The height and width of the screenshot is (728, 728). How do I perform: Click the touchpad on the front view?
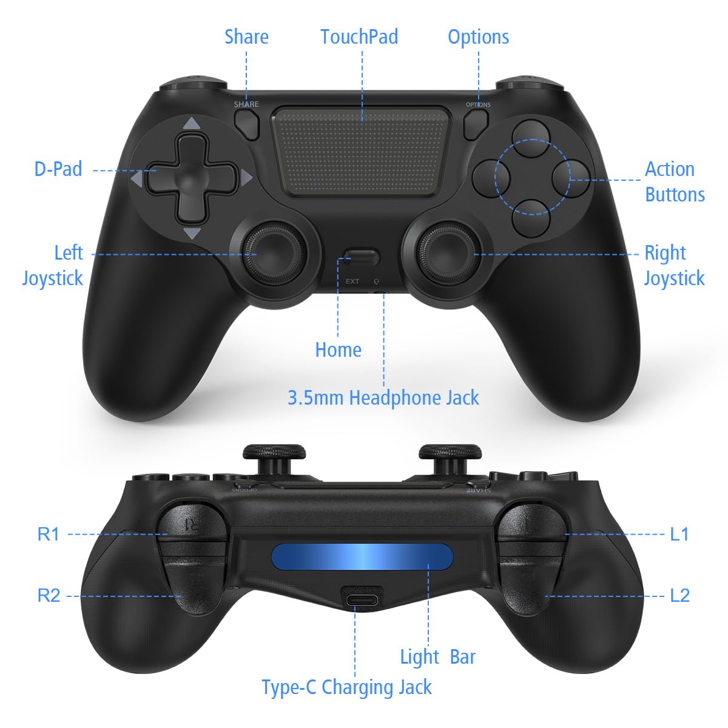pos(362,152)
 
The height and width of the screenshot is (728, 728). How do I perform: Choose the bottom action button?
pos(531,218)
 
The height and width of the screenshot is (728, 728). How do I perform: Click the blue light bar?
pos(362,556)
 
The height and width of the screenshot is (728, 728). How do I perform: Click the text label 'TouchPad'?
pos(359,37)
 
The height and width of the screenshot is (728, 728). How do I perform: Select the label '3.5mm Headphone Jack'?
pos(383,399)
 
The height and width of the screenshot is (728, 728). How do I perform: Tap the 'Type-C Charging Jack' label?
pos(346,687)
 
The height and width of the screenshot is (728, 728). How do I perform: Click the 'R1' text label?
pos(49,534)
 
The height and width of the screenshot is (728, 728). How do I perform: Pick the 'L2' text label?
pos(680,596)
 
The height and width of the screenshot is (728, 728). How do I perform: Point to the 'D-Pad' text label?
pos(58,169)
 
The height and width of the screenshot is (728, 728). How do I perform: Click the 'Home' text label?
pos(338,350)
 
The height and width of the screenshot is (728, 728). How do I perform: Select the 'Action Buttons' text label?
pos(675,182)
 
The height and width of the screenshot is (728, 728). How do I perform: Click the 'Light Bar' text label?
pos(437,657)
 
